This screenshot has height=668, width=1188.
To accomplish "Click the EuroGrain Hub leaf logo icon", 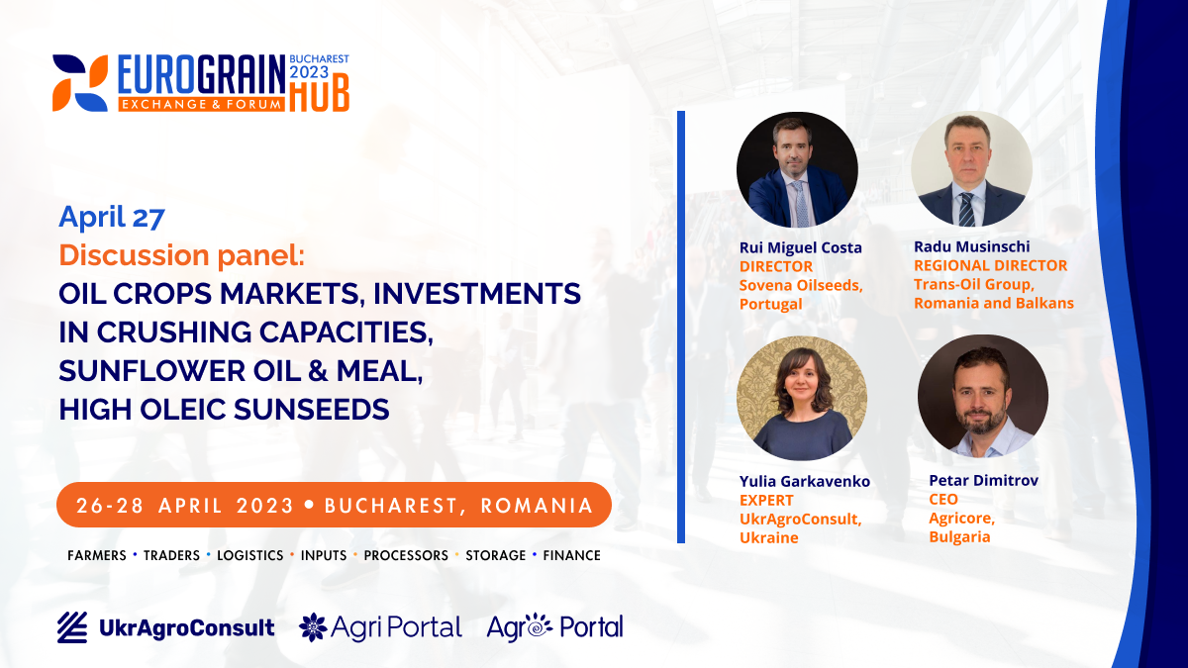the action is pyautogui.click(x=80, y=83).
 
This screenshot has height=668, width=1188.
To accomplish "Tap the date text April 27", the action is pyautogui.click(x=112, y=217).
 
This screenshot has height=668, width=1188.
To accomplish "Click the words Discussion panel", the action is pyautogui.click(x=181, y=255).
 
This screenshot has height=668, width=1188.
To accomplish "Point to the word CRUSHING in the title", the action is pyautogui.click(x=173, y=332).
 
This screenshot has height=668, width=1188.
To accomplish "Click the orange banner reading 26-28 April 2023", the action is pyautogui.click(x=334, y=505).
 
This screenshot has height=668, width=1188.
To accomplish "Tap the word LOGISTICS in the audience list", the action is pyautogui.click(x=249, y=555).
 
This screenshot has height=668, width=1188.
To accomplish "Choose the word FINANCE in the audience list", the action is pyautogui.click(x=572, y=555).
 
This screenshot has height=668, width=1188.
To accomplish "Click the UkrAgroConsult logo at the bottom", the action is pyautogui.click(x=166, y=627).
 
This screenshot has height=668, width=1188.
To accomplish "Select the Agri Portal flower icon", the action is pyautogui.click(x=313, y=627).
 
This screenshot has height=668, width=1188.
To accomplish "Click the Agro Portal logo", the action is pyautogui.click(x=554, y=627).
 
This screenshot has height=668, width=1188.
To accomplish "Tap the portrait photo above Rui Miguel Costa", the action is pyautogui.click(x=797, y=169).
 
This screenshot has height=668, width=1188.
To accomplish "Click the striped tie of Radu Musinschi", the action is pyautogui.click(x=966, y=210).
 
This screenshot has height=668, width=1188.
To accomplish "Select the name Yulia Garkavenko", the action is pyautogui.click(x=805, y=481).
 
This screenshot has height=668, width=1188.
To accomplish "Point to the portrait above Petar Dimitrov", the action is pyautogui.click(x=983, y=396).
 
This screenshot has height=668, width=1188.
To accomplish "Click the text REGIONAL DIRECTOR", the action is pyautogui.click(x=990, y=265).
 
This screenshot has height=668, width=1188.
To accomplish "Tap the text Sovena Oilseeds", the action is pyautogui.click(x=801, y=285).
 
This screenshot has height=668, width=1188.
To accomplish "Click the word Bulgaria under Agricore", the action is pyautogui.click(x=959, y=537).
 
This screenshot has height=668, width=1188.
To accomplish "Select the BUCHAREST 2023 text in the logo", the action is pyautogui.click(x=319, y=65).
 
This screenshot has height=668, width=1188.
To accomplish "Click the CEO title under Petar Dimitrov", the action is pyautogui.click(x=942, y=500).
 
